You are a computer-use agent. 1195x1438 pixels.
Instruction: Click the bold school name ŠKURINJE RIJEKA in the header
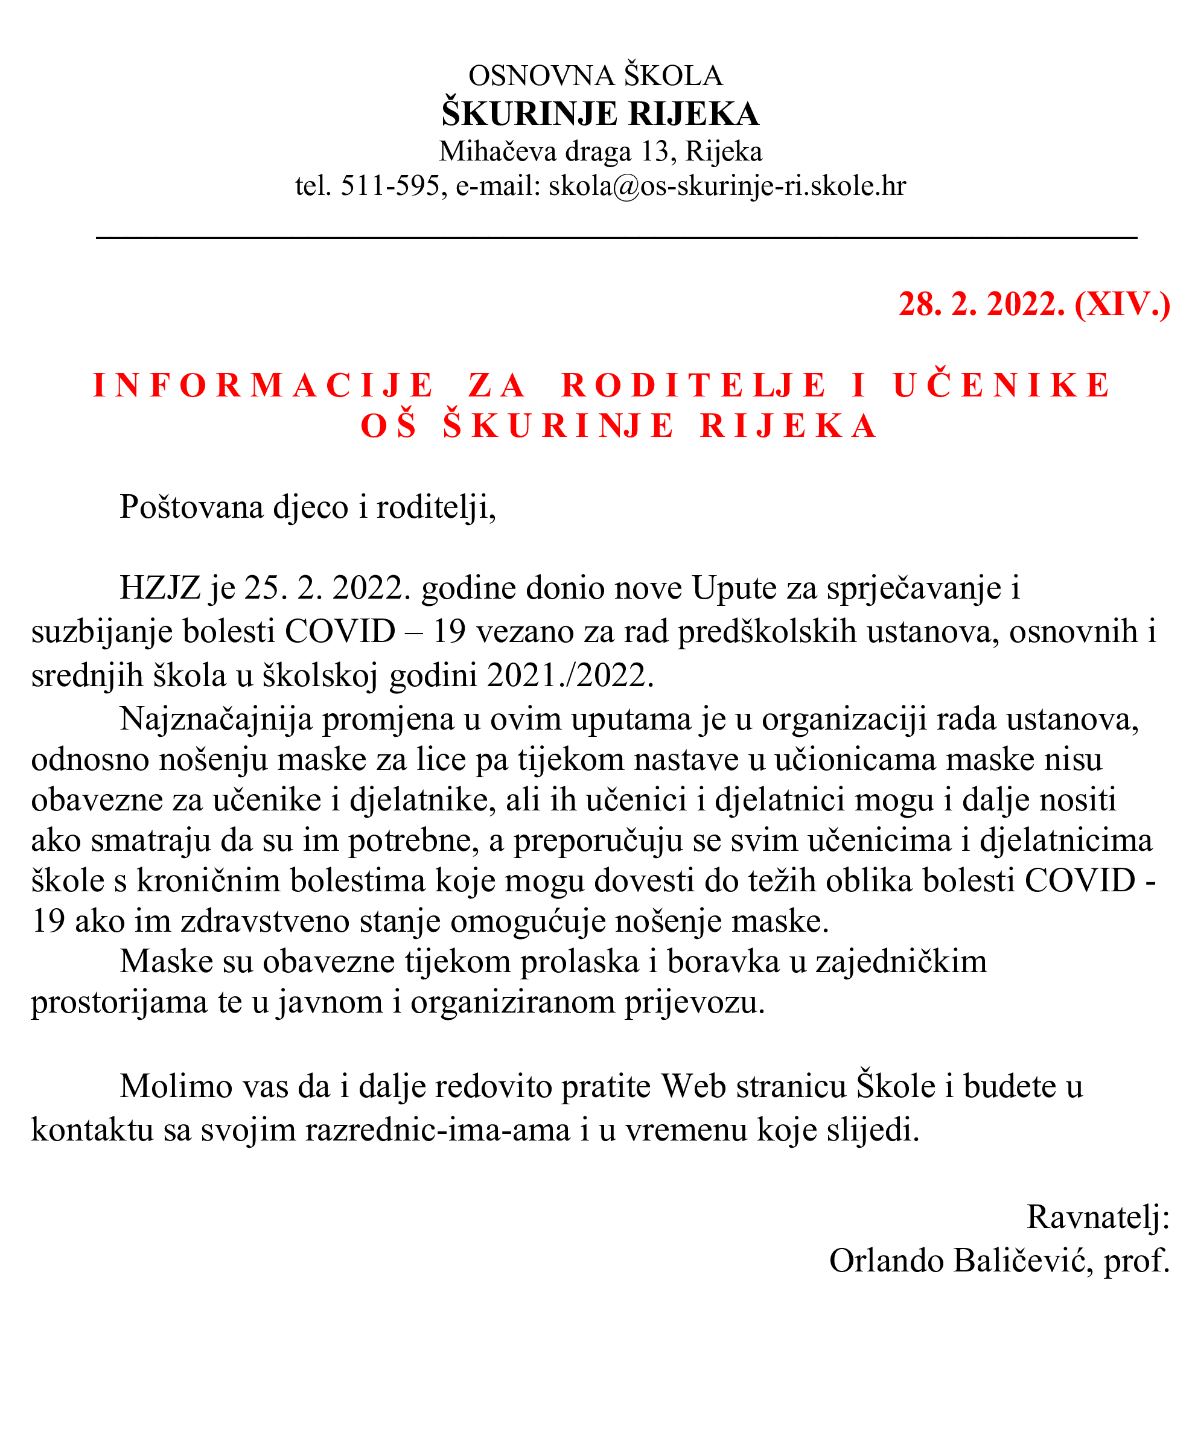click(x=600, y=113)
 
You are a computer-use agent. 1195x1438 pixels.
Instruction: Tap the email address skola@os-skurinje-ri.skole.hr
click(x=727, y=186)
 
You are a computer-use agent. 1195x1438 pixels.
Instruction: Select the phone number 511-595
click(x=390, y=186)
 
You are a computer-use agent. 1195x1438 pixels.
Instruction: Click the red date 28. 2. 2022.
click(x=981, y=304)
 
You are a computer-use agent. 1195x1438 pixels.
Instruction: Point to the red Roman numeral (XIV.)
click(x=1122, y=304)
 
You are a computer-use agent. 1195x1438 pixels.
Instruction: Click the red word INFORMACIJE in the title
click(x=264, y=385)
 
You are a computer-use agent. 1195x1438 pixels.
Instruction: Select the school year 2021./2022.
click(x=570, y=676)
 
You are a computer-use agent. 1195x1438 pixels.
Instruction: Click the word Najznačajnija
click(x=217, y=719)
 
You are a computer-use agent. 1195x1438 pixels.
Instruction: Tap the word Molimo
click(x=173, y=1086)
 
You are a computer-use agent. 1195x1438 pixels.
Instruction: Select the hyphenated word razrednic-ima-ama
click(x=438, y=1128)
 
